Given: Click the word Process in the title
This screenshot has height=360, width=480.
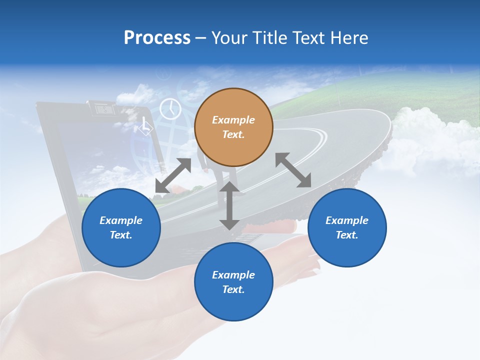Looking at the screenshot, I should click(x=157, y=38).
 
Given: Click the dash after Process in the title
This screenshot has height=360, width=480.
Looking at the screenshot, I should click(x=201, y=38).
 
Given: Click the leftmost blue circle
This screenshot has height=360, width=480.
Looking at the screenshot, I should click(x=121, y=227).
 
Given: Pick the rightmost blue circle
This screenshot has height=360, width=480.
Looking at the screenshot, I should click(x=347, y=227).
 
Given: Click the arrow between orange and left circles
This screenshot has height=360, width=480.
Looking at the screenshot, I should click(x=173, y=175).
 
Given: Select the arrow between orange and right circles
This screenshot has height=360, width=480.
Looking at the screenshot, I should click(x=293, y=170).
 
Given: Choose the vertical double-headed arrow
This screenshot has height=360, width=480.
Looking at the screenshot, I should click(x=229, y=205).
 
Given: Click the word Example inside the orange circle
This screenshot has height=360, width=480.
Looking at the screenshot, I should click(x=233, y=120).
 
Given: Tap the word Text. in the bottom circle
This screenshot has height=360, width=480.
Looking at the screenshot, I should click(x=233, y=289).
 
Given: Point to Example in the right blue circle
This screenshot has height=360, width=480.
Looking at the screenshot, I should click(x=347, y=220).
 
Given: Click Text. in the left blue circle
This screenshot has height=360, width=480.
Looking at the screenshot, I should click(x=121, y=235).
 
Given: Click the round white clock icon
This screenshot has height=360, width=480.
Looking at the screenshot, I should click(x=170, y=108).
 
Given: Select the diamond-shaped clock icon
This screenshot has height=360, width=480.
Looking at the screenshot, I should click(x=145, y=126).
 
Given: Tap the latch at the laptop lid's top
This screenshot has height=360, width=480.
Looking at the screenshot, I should click(x=101, y=108).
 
